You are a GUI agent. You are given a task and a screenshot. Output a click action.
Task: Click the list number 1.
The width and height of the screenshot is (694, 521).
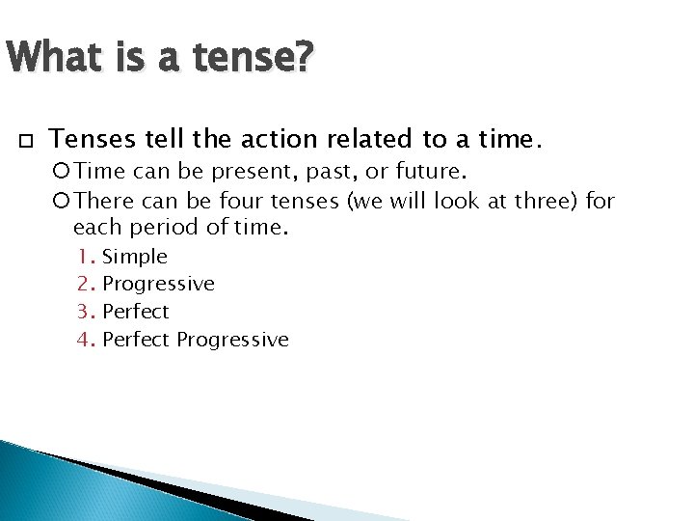86,257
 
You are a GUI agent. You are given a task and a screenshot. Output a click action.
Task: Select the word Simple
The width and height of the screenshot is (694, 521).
135,257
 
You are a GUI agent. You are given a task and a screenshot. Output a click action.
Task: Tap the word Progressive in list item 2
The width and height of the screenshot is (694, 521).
158,285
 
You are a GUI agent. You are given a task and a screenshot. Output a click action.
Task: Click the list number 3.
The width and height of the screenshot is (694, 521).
86,312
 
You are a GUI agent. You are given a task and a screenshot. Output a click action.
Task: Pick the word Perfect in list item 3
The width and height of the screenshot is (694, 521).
135,312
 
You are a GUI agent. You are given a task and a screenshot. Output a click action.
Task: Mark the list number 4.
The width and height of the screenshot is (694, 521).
86,340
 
